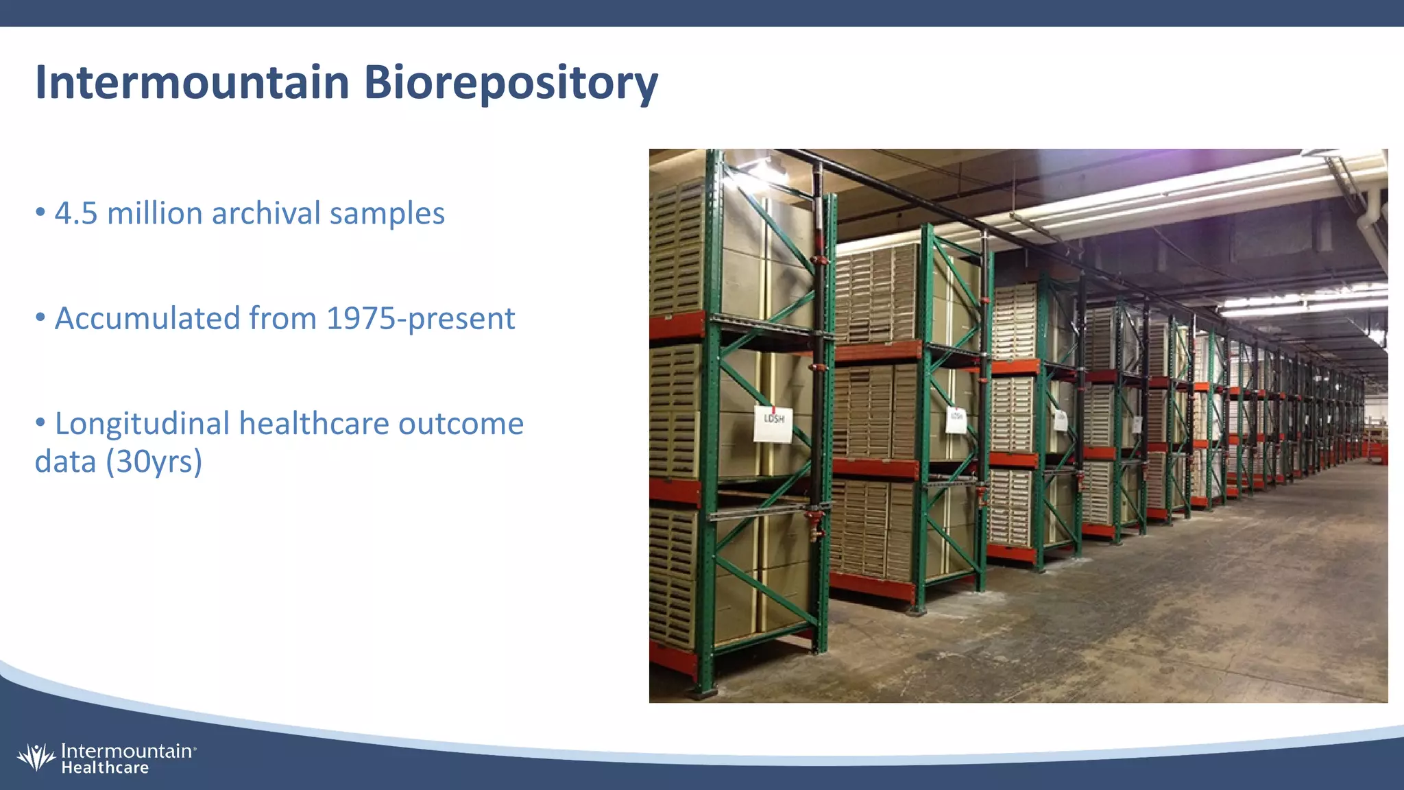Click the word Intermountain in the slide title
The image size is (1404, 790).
point(192,82)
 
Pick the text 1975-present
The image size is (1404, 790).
point(420,319)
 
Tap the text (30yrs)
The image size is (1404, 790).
point(154,462)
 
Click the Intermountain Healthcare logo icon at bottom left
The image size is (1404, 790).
point(36,757)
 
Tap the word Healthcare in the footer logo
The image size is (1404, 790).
point(105,768)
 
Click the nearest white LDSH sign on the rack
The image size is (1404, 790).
point(773,424)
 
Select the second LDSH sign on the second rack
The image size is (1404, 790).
point(956,420)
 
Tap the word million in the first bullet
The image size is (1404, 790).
point(155,213)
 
